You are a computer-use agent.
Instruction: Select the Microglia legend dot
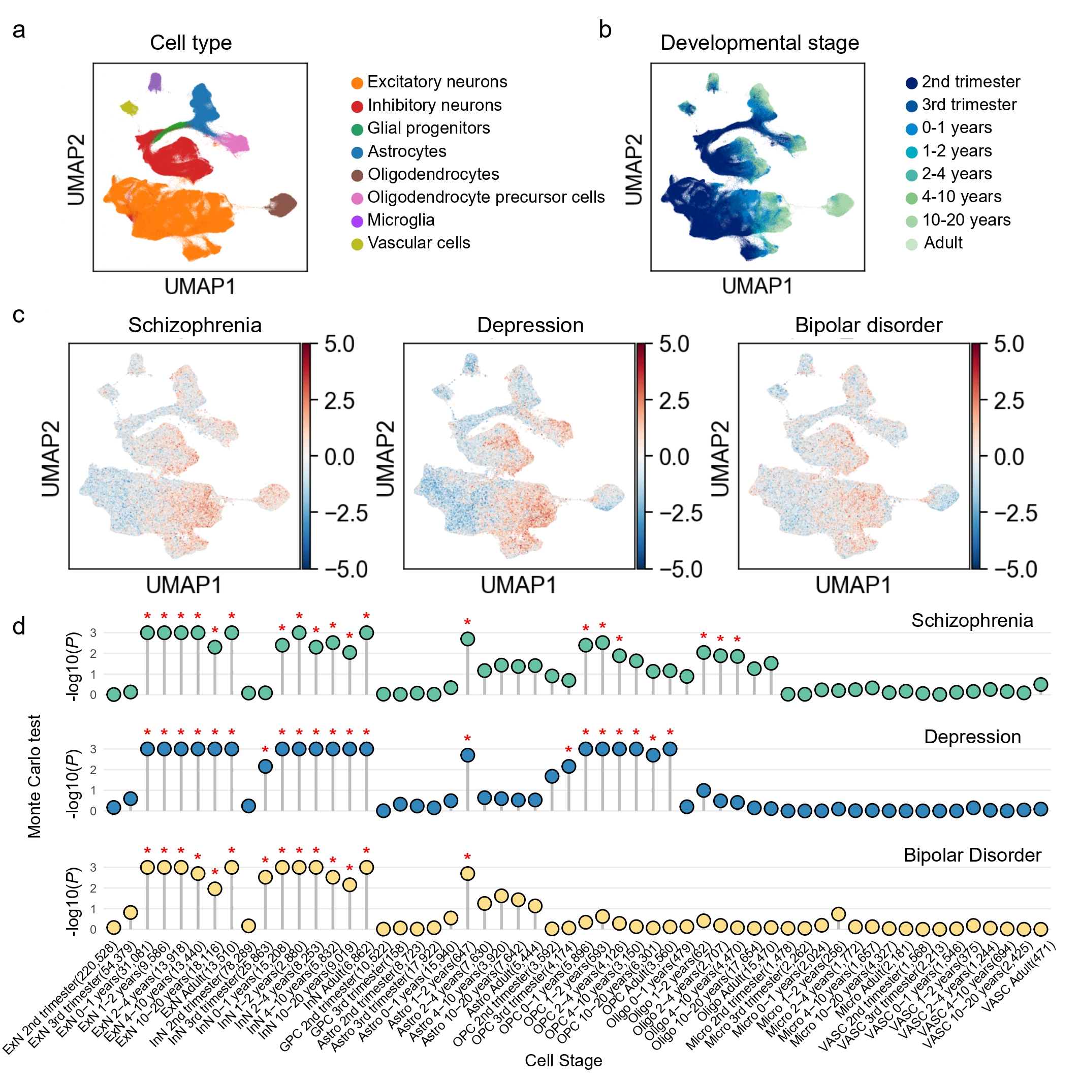(x=357, y=221)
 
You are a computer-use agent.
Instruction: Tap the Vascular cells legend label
(x=419, y=243)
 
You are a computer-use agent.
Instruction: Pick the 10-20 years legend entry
(x=966, y=220)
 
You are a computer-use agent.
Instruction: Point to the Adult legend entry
(x=943, y=243)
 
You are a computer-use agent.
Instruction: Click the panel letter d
(x=19, y=627)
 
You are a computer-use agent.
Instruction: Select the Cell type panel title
(x=190, y=43)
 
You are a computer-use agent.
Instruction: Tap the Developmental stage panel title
(x=759, y=43)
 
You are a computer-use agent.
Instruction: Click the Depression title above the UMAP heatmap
(x=530, y=325)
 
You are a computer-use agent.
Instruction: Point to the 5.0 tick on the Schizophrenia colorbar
(x=339, y=344)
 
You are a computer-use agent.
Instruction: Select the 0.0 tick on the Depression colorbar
(x=674, y=457)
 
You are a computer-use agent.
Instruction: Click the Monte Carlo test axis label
(x=35, y=776)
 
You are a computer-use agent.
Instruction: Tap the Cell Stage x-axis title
(x=563, y=1060)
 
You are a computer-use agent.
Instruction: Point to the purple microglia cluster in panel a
(x=155, y=82)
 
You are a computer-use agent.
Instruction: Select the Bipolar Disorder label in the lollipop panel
(x=972, y=855)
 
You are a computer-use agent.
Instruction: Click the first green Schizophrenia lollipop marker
(x=113, y=694)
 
